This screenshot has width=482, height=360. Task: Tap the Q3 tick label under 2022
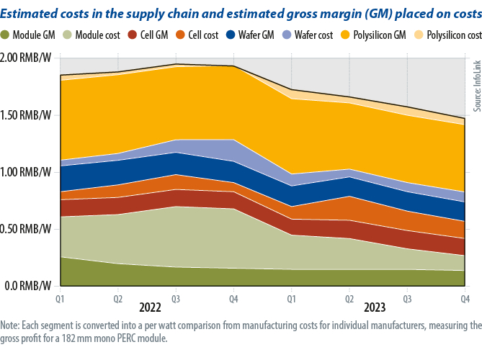coord(176,297)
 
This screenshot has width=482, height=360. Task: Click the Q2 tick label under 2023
coord(349,297)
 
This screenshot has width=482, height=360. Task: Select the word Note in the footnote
coord(11,326)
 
